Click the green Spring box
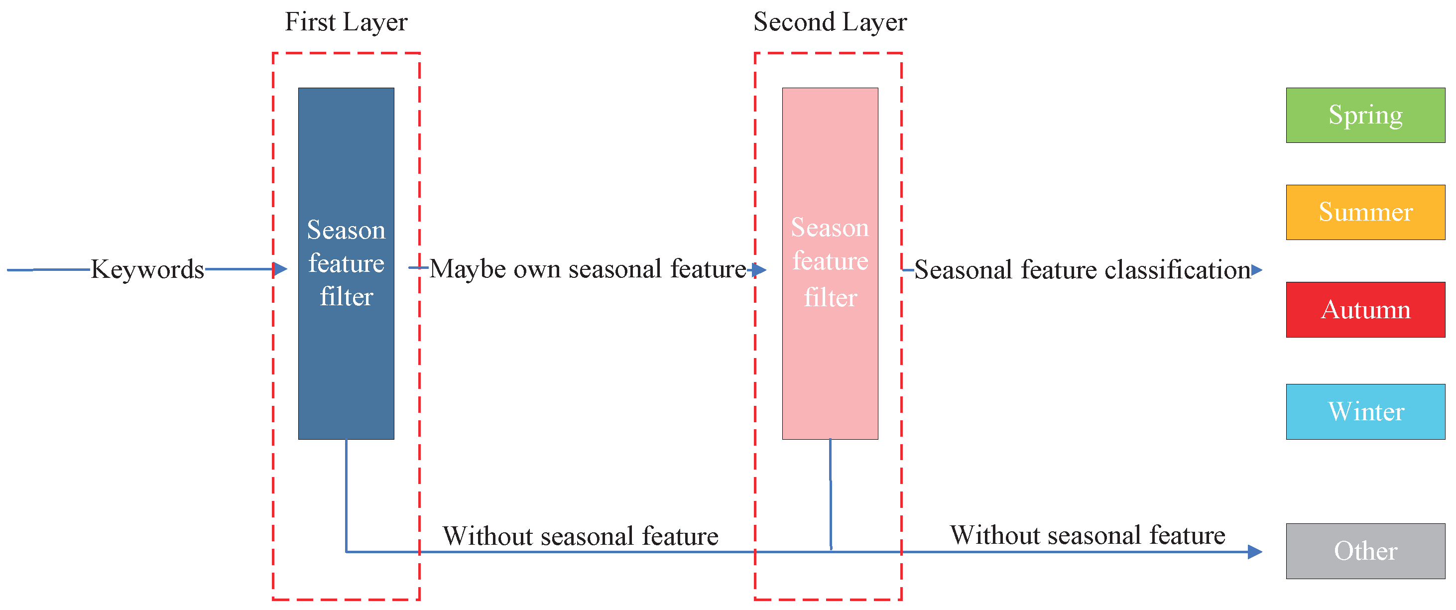coord(1365,116)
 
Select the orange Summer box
coord(1365,213)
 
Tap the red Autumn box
coord(1365,310)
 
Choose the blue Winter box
coord(1365,412)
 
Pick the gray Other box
coord(1365,551)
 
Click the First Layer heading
coord(346,22)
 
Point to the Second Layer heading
coord(830,22)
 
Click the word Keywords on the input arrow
coord(147,269)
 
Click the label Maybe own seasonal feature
coord(588,269)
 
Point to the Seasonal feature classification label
coord(1082,270)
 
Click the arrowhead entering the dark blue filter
coord(280,269)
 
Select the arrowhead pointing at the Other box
coord(1255,551)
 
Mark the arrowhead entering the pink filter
coord(760,270)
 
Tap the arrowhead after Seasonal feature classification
coord(1256,270)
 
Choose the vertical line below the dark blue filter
coord(346,494)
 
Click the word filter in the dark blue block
coord(347,297)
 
